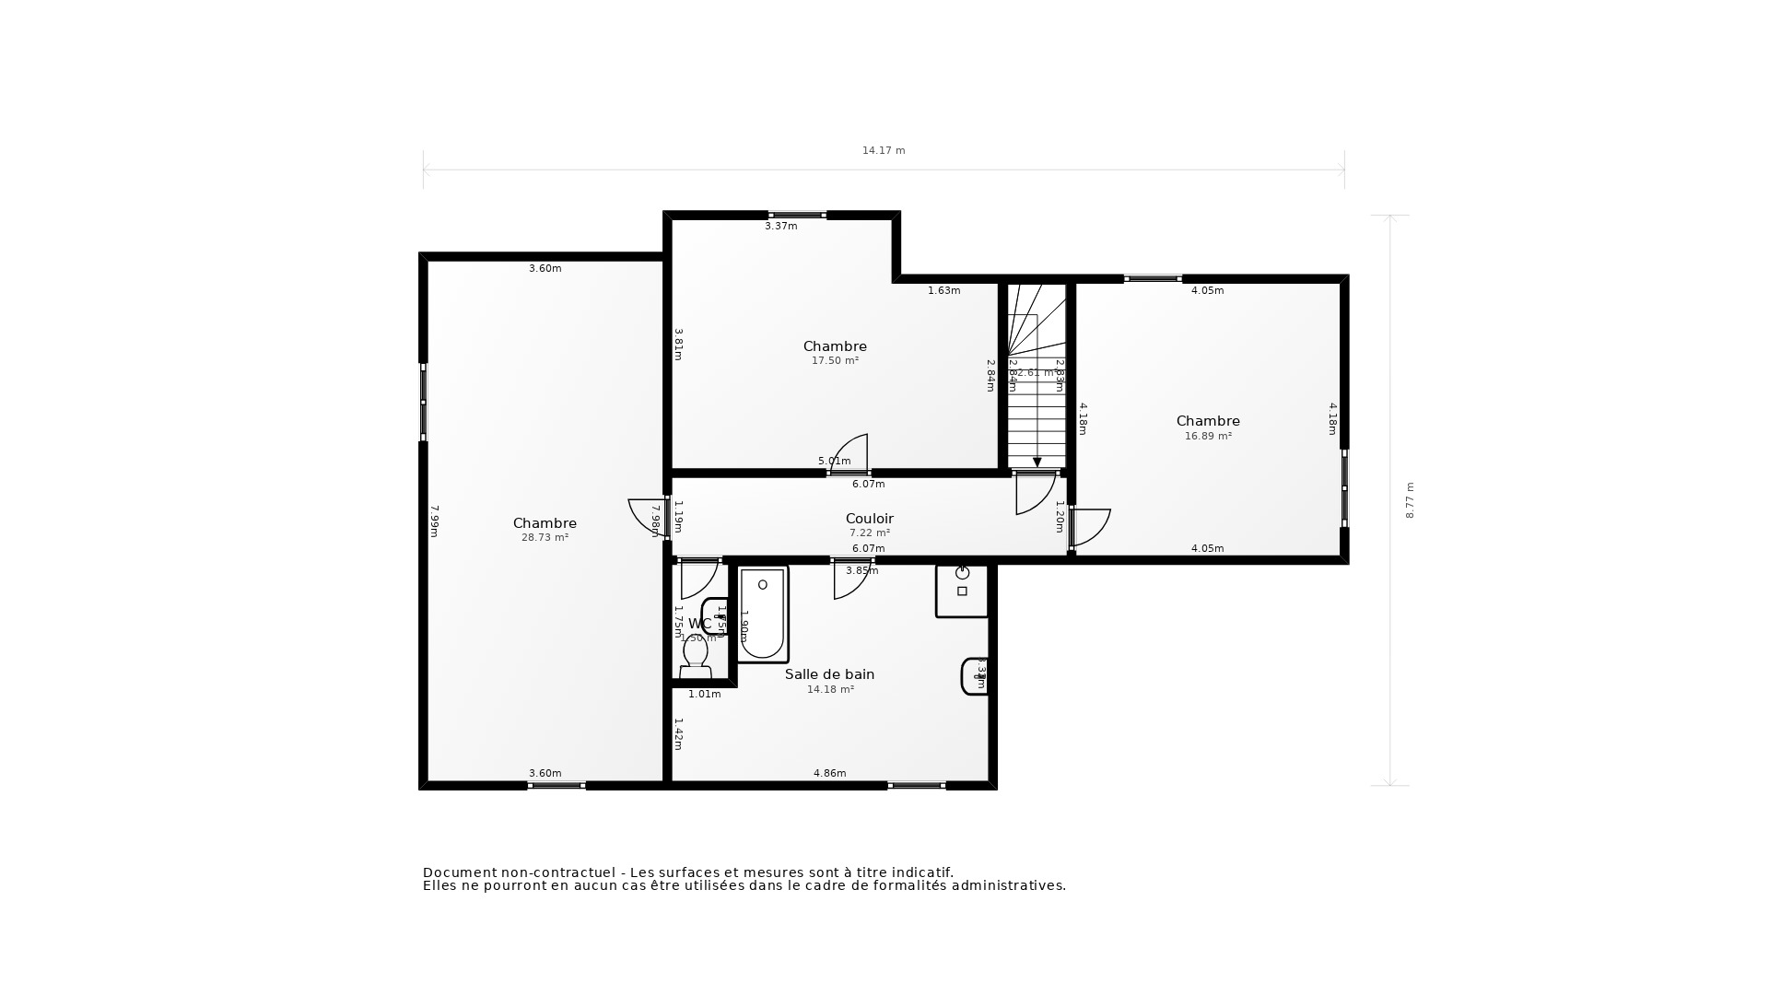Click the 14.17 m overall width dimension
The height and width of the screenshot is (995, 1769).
pyautogui.click(x=883, y=150)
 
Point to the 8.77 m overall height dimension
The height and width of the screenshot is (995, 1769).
pyautogui.click(x=1410, y=500)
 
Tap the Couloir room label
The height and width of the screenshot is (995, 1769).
pyautogui.click(x=869, y=519)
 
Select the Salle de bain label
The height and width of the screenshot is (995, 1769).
pyautogui.click(x=829, y=674)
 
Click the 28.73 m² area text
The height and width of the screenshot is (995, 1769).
pyautogui.click(x=545, y=537)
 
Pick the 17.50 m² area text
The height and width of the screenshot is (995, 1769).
pyautogui.click(x=835, y=361)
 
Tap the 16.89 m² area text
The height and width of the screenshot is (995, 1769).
pyautogui.click(x=1207, y=437)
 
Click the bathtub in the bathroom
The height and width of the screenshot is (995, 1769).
pyautogui.click(x=763, y=615)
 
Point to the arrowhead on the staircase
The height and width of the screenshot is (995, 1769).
pyautogui.click(x=1037, y=462)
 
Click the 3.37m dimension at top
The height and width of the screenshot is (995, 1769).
pyautogui.click(x=780, y=226)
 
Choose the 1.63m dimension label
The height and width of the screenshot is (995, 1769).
pyautogui.click(x=943, y=290)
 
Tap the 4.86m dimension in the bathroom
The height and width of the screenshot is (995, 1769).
pyautogui.click(x=829, y=773)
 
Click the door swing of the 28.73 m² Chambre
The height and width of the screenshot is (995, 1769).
pyautogui.click(x=645, y=516)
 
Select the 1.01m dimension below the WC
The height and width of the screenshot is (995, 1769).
pyautogui.click(x=704, y=694)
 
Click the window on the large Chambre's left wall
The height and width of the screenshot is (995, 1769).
pyautogui.click(x=423, y=402)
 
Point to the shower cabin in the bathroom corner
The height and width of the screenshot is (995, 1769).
pyautogui.click(x=962, y=591)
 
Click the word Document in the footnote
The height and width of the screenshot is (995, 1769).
pyautogui.click(x=458, y=872)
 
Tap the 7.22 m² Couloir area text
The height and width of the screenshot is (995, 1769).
pyautogui.click(x=869, y=533)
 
